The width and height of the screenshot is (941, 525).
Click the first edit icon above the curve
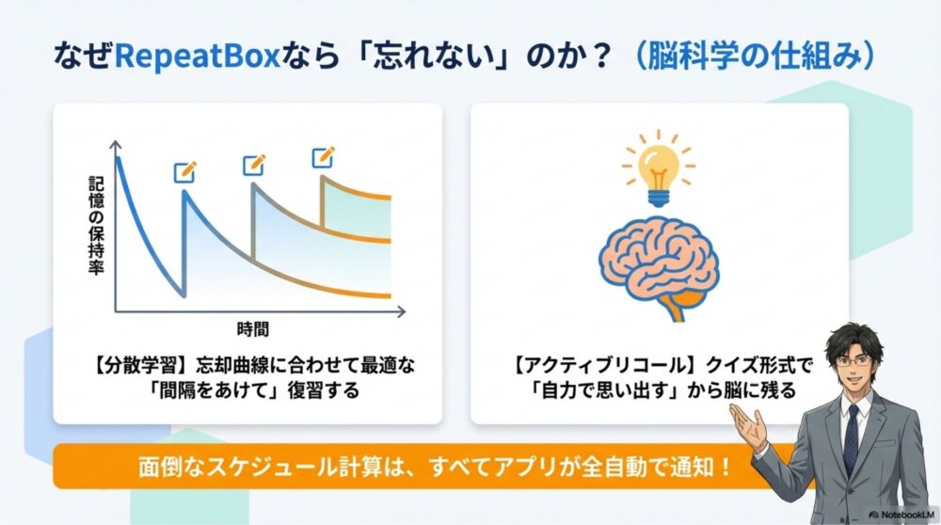[x=185, y=172]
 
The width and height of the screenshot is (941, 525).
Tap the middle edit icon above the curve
[x=254, y=165]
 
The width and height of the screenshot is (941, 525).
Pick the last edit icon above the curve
[x=323, y=156]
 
